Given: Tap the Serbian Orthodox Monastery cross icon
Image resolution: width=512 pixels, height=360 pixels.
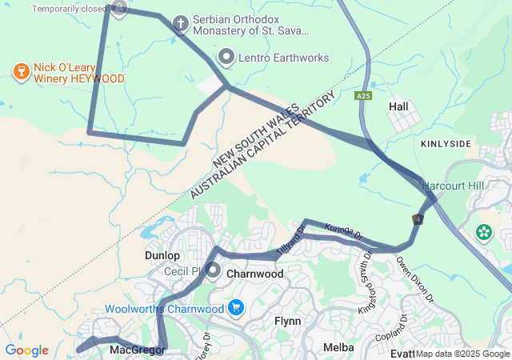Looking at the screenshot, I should click(x=181, y=24).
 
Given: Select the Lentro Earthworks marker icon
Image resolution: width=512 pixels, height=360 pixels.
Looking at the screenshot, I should click(x=226, y=58).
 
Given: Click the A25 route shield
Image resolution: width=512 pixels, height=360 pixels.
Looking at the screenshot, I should click(x=364, y=96).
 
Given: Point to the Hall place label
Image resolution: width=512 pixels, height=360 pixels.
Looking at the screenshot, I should click(x=398, y=106).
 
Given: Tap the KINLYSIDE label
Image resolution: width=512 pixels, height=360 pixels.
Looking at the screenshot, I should click(x=446, y=143).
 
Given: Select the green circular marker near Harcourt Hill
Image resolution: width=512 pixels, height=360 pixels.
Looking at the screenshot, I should click(x=484, y=233).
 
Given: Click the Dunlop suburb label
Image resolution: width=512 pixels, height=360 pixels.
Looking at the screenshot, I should click(x=162, y=255).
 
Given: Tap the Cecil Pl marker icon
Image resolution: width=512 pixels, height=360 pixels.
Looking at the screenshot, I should click(x=213, y=270).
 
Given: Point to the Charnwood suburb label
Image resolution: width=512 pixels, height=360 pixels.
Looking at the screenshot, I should click(x=255, y=274).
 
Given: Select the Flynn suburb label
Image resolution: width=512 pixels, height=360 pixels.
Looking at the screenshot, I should click(x=287, y=321).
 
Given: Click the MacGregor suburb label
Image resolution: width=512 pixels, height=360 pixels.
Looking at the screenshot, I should click(x=137, y=350).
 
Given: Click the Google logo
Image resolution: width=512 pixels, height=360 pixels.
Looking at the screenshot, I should click(x=26, y=350).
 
